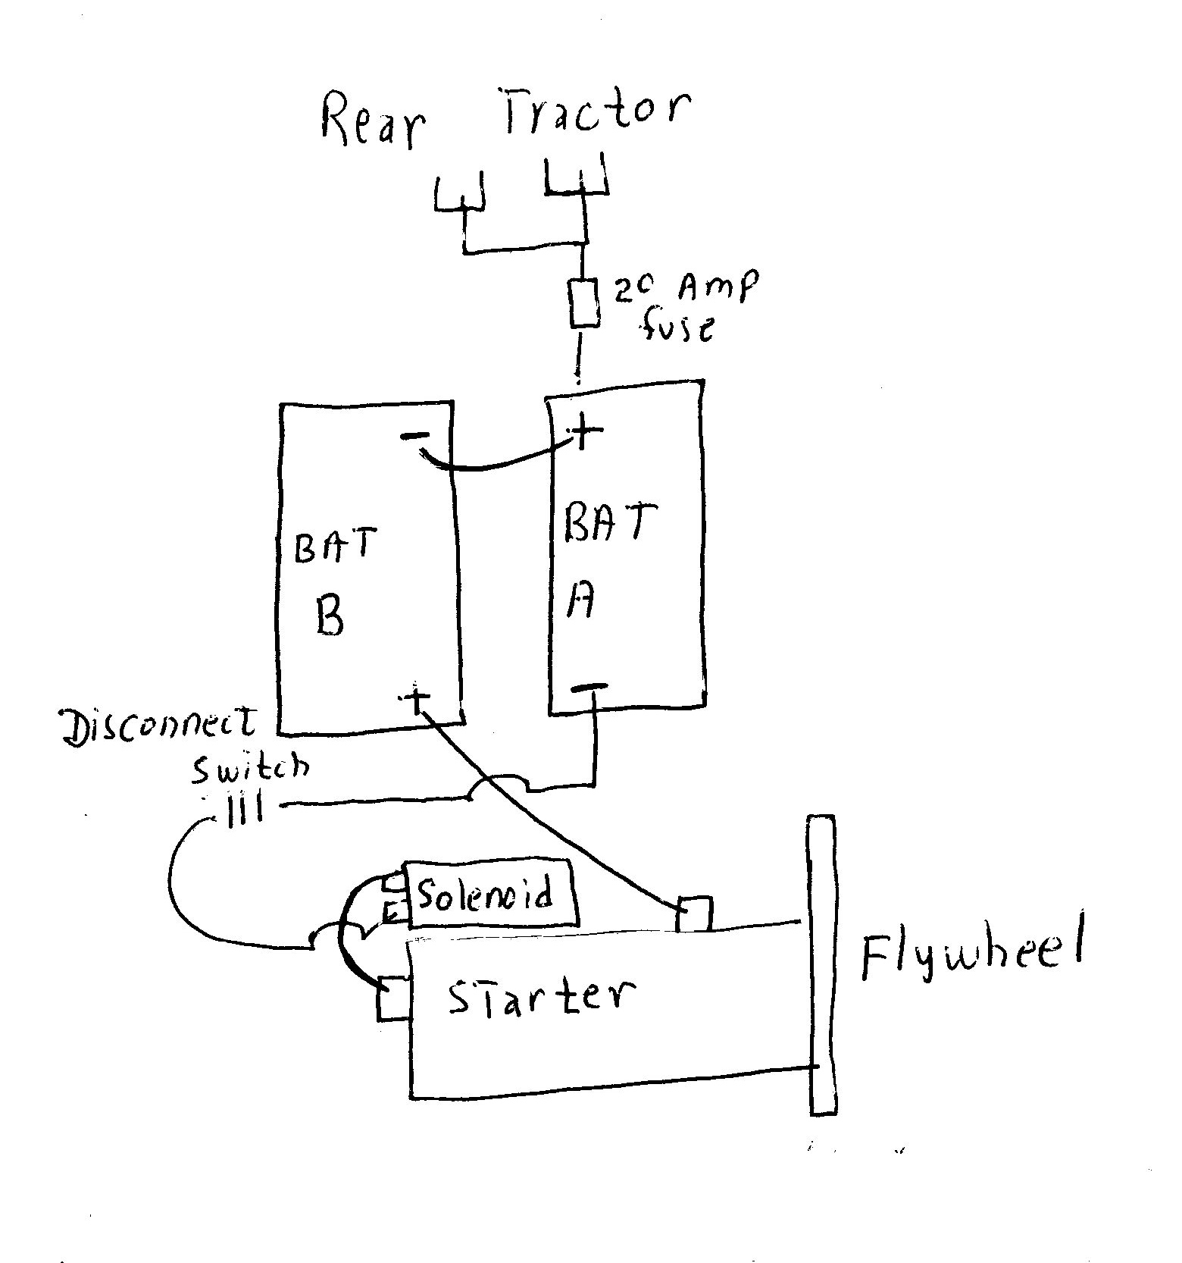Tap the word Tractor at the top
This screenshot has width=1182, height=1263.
coord(596,111)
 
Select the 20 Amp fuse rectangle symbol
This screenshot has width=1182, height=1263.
coord(583,303)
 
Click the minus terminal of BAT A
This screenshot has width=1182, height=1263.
coord(589,688)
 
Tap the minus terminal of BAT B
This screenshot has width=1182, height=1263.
coord(414,436)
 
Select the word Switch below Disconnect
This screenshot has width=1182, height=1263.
coord(250,769)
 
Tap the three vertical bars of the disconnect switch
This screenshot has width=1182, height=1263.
coord(245,812)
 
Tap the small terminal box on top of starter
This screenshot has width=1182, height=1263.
coord(694,914)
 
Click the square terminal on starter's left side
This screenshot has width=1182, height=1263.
coord(394,998)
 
